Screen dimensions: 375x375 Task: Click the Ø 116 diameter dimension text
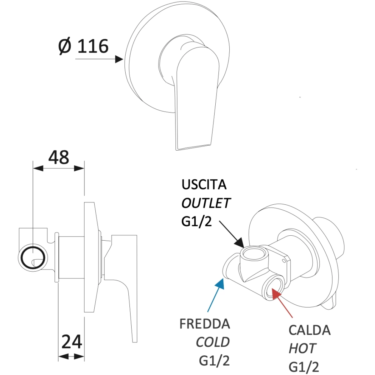83,46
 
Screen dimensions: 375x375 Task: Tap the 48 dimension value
58,157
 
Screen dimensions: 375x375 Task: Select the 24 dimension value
72,342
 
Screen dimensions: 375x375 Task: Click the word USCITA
204,184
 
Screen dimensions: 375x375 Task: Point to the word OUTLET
206,203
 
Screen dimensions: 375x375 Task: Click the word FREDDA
205,324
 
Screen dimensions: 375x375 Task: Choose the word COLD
213,342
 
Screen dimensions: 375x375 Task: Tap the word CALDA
310,330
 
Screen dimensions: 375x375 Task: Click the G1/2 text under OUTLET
197,221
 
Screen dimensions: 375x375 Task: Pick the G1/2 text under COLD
214,361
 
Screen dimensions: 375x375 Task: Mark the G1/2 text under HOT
304,367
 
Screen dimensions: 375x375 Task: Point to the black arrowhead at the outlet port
239,243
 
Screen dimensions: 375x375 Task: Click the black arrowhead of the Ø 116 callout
119,59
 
